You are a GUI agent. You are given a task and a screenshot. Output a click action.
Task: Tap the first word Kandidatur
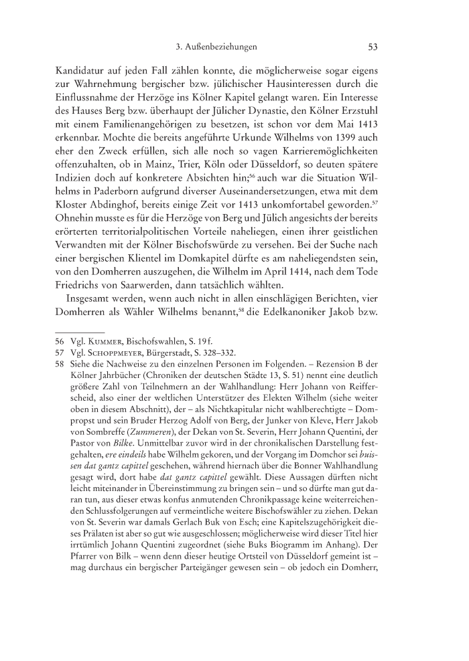[x=78, y=71]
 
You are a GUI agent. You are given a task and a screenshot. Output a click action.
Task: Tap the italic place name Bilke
[x=145, y=464]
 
